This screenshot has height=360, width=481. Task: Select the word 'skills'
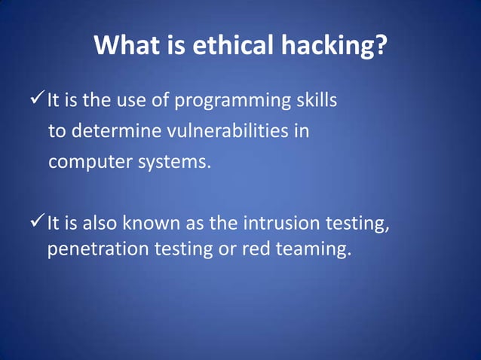point(315,100)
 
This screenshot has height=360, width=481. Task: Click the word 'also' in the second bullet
point(100,224)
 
